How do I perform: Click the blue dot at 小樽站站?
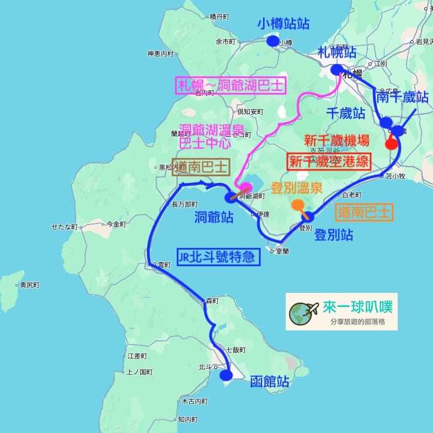tap(272, 41)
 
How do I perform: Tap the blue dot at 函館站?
tap(226, 376)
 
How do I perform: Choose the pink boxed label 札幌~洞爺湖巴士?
tap(231, 86)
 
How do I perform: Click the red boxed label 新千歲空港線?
tap(328, 161)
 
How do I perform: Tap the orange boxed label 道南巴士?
tap(365, 212)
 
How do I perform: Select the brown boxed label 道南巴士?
tap(200, 168)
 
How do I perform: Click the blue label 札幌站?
tap(336, 53)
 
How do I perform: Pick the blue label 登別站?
tap(334, 236)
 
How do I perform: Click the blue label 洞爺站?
tap(213, 218)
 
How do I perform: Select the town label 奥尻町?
tap(30, 285)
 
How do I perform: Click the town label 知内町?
tap(188, 419)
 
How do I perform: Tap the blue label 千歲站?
tap(346, 114)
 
